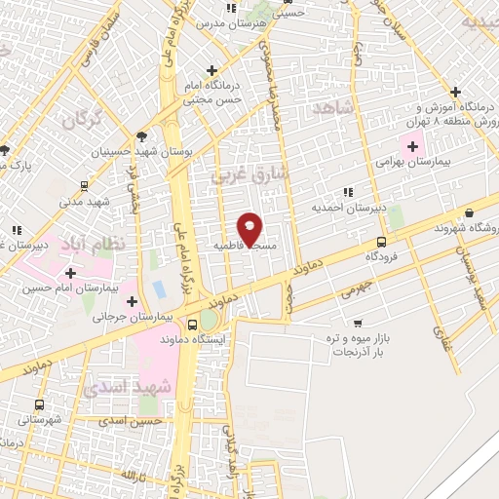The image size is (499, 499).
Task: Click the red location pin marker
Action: pos(249,229)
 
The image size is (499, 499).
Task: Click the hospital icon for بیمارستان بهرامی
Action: pos(412,147)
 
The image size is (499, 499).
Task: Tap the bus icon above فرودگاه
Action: pos(380,242)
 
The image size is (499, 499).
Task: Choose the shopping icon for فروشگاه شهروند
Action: pos(471,213)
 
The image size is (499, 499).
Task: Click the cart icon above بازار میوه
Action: pos(358,323)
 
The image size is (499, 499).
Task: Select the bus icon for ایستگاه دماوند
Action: pos(191,325)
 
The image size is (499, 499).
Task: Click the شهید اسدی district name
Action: pos(118,386)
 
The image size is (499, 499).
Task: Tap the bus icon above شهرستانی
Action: pos(40,404)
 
